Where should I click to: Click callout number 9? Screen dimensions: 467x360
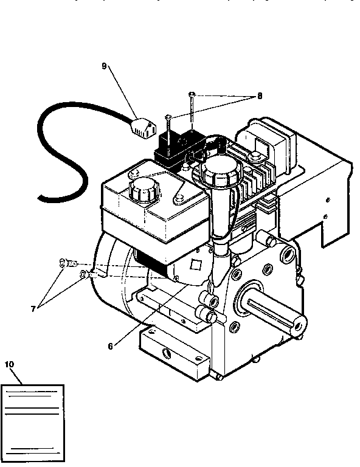coord(105,66)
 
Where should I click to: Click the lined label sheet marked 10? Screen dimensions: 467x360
coord(33,422)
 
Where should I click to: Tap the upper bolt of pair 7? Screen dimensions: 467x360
coord(66,263)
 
